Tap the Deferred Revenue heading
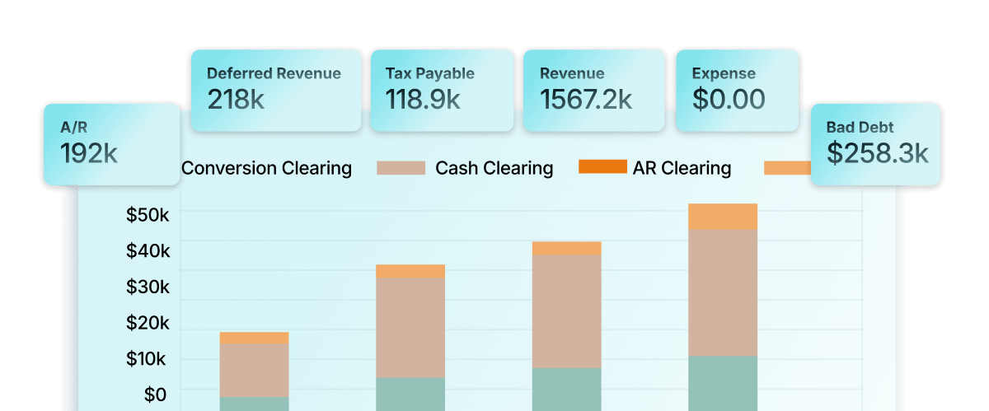pyautogui.click(x=274, y=73)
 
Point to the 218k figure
pyautogui.click(x=236, y=100)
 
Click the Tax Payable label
pyautogui.click(x=429, y=73)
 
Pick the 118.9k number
pyautogui.click(x=423, y=100)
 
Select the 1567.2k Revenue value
pyautogui.click(x=586, y=100)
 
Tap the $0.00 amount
pyautogui.click(x=729, y=100)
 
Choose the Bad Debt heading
pyautogui.click(x=860, y=128)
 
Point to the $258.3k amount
pyautogui.click(x=878, y=153)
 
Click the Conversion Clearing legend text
pyautogui.click(x=266, y=168)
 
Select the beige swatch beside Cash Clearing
pyautogui.click(x=401, y=168)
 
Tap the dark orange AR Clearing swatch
pyautogui.click(x=602, y=167)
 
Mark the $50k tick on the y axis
pyautogui.click(x=148, y=215)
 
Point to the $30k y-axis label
pyautogui.click(x=148, y=287)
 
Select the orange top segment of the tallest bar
pyautogui.click(x=723, y=216)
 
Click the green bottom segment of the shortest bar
pyautogui.click(x=254, y=404)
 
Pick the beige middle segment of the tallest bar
pyautogui.click(x=723, y=292)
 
